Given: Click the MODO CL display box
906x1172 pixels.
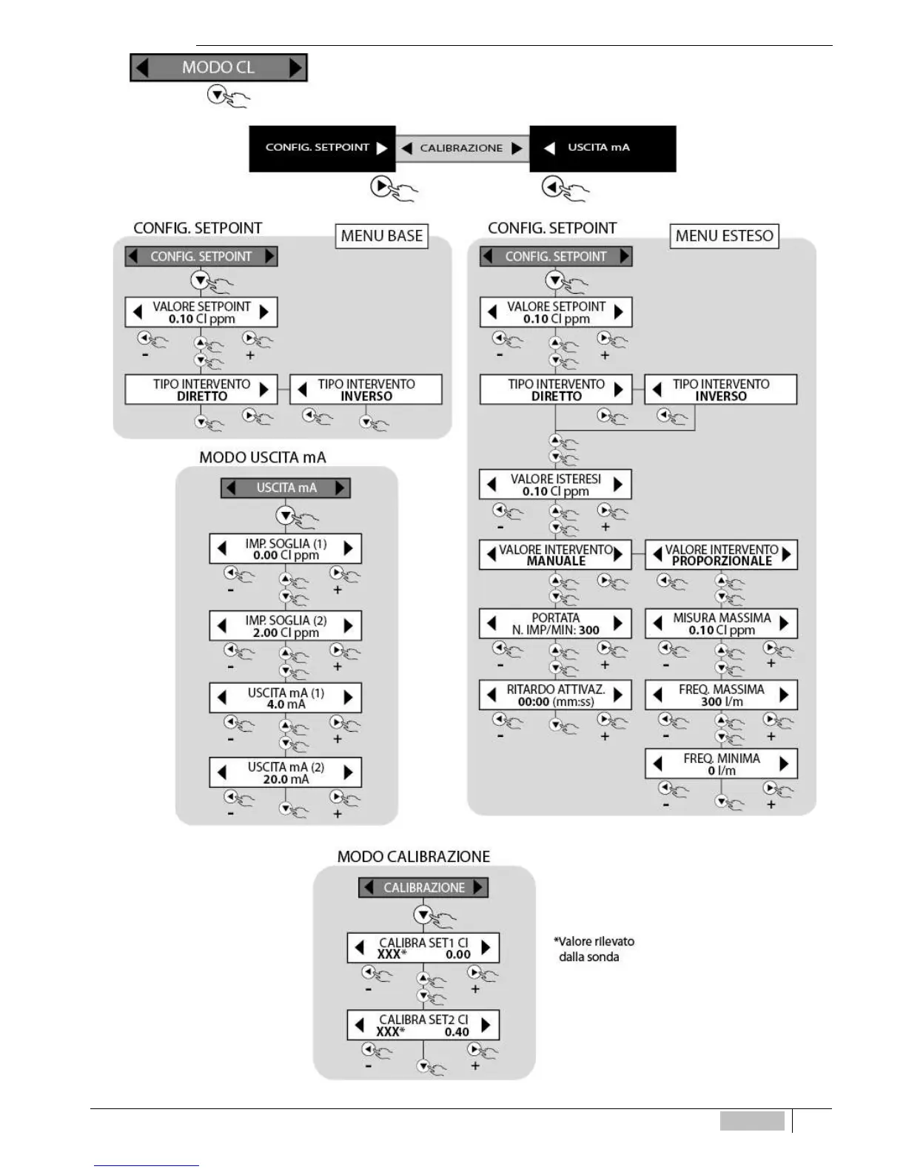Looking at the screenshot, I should [x=218, y=67].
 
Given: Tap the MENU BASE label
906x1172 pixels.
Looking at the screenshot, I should [x=382, y=236].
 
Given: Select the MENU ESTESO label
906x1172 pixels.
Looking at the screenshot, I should [x=724, y=236].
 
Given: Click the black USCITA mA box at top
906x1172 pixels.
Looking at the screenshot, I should [x=603, y=148].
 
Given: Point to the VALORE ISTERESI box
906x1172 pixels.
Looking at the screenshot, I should [x=555, y=485].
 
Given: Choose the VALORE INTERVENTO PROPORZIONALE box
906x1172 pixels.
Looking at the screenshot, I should [x=721, y=555].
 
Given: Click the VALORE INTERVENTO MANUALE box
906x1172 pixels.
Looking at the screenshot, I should [x=555, y=555].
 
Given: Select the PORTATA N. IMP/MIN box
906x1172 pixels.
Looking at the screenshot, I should [x=555, y=624].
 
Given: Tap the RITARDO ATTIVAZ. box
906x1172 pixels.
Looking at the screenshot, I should [x=555, y=696].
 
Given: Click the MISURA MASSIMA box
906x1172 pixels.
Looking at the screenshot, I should [x=721, y=624].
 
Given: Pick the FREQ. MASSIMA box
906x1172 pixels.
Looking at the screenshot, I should [x=721, y=696].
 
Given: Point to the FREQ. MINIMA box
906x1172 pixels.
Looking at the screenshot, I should [x=721, y=764].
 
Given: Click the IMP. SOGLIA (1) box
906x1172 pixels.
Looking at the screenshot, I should [x=286, y=549].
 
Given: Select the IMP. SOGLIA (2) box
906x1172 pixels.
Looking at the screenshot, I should [x=286, y=626].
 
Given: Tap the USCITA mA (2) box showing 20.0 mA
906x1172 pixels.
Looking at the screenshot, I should [x=286, y=772].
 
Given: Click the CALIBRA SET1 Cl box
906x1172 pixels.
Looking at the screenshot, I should [x=423, y=948].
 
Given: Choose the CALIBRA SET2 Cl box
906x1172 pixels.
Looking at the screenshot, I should [x=423, y=1025].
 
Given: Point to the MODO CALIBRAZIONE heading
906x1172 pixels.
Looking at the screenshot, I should [x=413, y=857].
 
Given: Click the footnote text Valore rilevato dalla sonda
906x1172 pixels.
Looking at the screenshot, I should [x=594, y=949].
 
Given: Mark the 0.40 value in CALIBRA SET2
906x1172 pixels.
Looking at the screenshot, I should [x=457, y=1032].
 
